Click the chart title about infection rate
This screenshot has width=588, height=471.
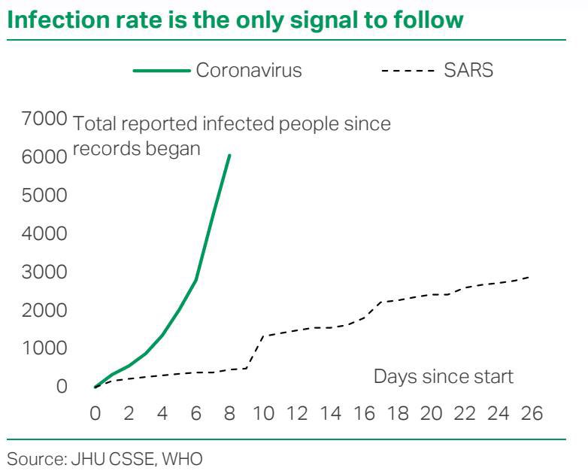tap(235, 20)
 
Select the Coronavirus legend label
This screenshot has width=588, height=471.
tap(249, 71)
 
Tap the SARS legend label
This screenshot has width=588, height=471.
tap(468, 71)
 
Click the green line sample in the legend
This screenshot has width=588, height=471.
tap(162, 71)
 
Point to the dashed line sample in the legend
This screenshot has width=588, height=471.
tap(408, 71)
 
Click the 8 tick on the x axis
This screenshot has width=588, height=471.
tap(229, 413)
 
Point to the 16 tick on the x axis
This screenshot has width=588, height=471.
tap(364, 413)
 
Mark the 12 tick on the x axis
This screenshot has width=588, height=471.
tap(296, 413)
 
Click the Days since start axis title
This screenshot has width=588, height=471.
tap(444, 376)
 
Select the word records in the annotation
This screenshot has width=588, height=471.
tap(105, 148)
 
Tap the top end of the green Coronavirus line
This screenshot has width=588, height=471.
tap(229, 155)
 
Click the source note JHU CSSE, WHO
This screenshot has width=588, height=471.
tap(105, 457)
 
